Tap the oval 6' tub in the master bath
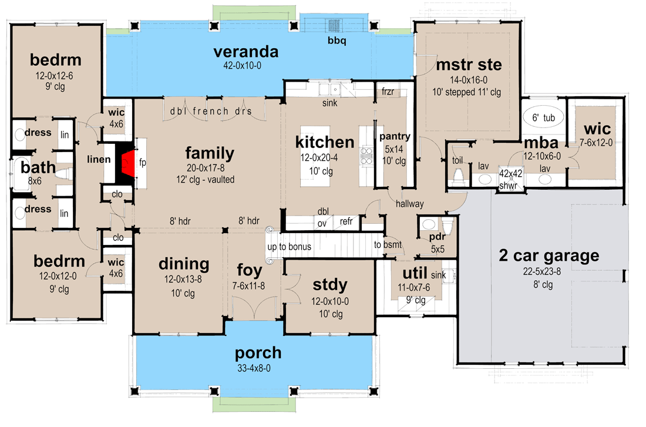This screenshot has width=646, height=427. pos(543,117)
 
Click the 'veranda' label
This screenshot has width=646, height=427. pos(245,52)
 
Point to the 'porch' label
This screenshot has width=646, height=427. pos(258,353)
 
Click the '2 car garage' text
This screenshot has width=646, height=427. pos(549,255)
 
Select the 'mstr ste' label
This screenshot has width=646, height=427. pos(469,64)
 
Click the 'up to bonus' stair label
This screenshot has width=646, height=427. pos(290,247)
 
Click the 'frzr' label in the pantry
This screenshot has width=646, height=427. pos(388,92)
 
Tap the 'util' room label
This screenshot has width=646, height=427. pos(415,273)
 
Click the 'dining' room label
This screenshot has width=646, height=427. pos(184,264)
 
